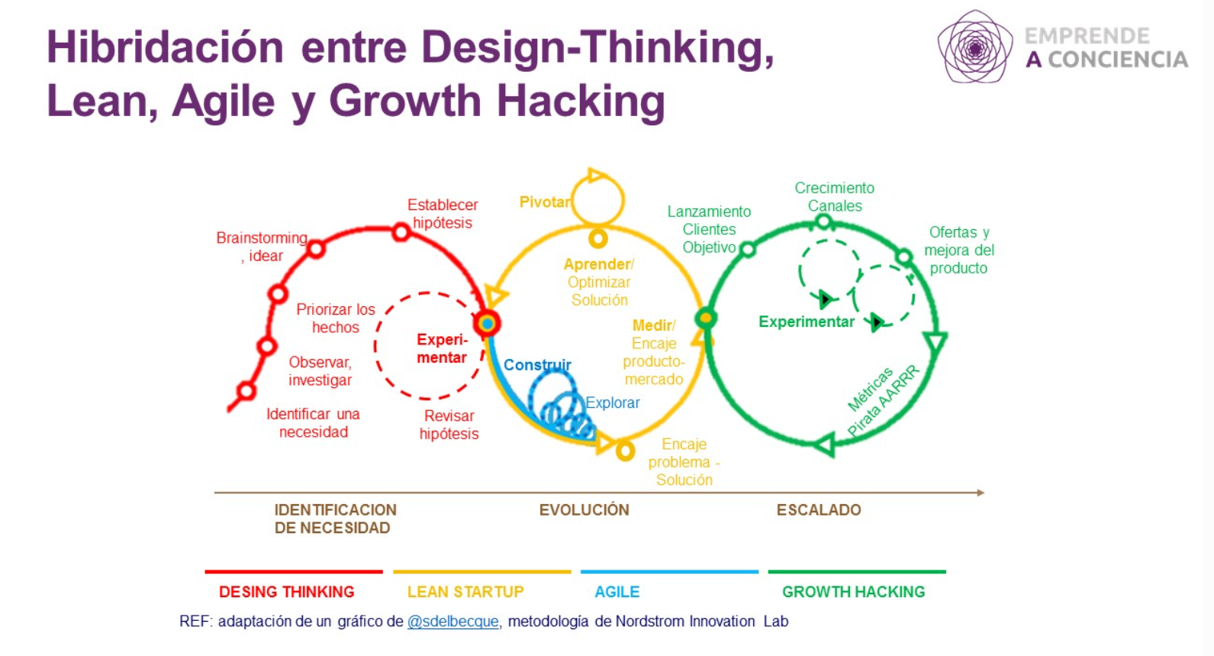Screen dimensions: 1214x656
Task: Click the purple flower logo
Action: pos(975,47)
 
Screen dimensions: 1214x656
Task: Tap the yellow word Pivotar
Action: pos(545,202)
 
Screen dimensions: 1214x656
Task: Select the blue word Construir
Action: pos(537,364)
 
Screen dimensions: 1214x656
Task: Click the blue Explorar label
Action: pos(613,402)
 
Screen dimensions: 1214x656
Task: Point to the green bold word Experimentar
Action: pos(807,322)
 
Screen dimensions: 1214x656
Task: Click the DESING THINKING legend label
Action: pos(287,591)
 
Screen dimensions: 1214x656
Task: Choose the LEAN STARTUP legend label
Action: pos(465,591)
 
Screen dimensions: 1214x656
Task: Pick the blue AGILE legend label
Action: pos(617,591)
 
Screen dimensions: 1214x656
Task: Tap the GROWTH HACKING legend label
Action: pos(854,591)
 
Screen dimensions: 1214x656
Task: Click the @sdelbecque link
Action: pos(452,622)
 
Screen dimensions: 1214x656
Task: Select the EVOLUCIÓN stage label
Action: pos(584,509)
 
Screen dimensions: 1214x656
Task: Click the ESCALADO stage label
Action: pos(819,509)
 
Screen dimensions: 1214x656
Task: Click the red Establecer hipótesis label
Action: pos(443,214)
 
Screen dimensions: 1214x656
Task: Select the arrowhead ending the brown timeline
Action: pos(981,493)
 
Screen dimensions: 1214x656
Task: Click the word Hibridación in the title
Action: pos(166,47)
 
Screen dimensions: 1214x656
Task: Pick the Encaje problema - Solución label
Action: pos(684,462)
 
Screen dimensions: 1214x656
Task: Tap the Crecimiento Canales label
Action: pos(835,197)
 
